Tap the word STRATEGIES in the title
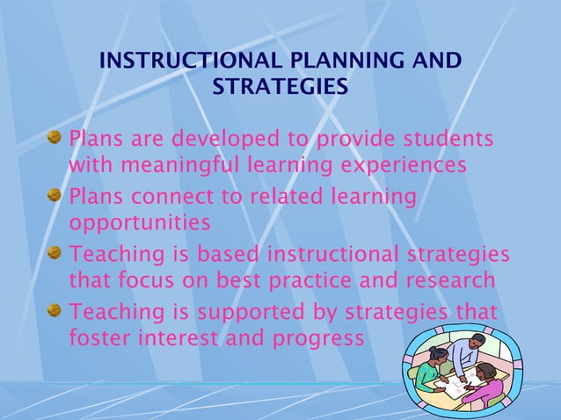tap(280, 88)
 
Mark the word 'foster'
tap(97, 337)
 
